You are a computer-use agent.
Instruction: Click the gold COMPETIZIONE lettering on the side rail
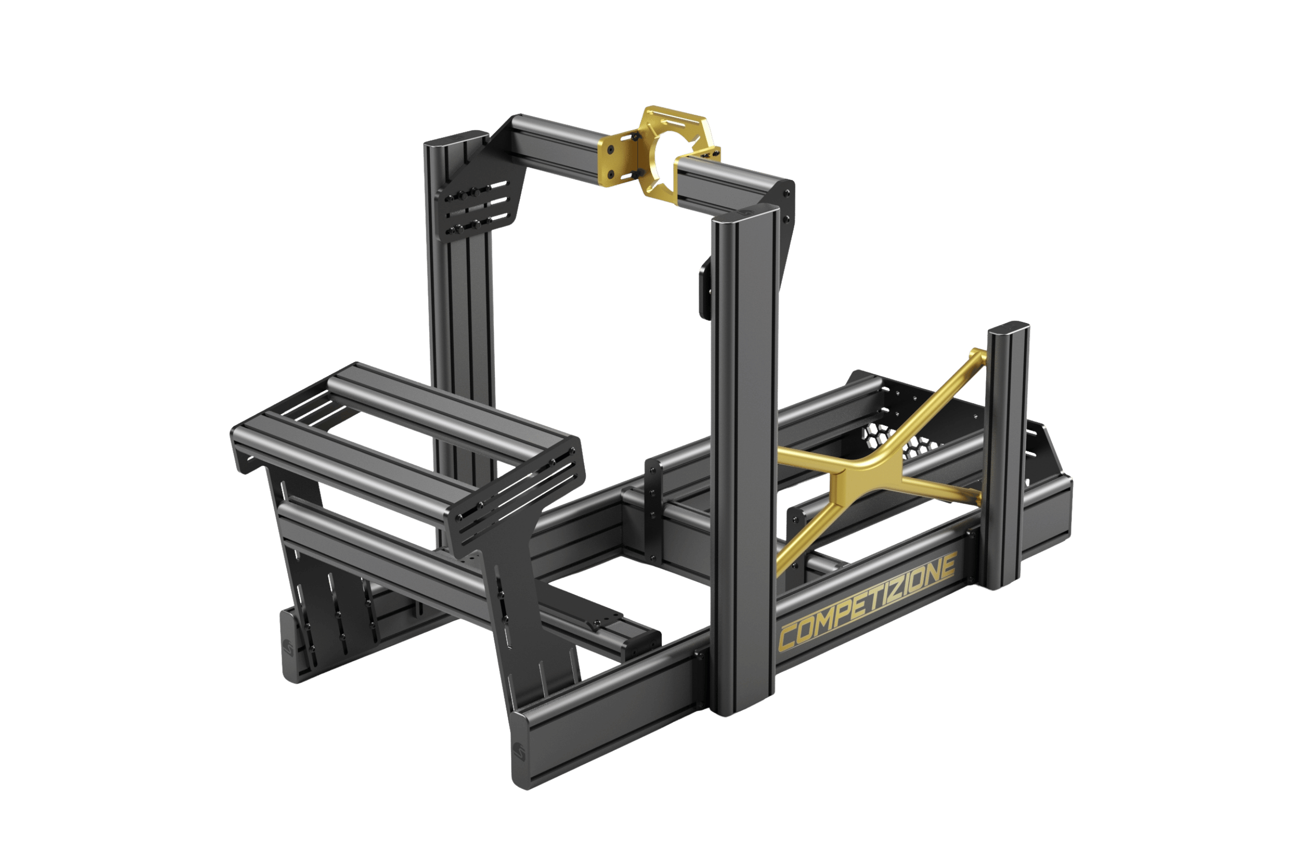pos(867,601)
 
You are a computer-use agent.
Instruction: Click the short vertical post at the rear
pos(1007,456)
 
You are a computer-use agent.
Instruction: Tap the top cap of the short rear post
pos(1009,328)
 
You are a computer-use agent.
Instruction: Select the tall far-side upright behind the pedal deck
pos(459,309)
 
